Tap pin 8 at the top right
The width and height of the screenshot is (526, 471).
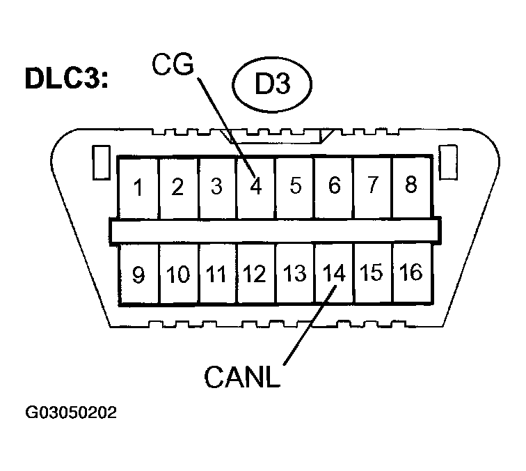(411, 186)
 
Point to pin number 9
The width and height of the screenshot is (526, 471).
(138, 275)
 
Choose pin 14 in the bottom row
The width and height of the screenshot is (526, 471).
(334, 273)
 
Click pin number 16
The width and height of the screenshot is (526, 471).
(412, 272)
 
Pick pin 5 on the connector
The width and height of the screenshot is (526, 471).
(295, 187)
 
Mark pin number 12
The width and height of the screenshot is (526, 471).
(255, 275)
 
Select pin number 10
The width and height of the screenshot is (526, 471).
(178, 275)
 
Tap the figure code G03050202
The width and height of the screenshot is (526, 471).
(71, 412)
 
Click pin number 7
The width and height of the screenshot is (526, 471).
(373, 186)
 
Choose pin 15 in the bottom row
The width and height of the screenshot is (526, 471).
(372, 272)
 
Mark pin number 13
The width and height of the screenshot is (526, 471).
(295, 274)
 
